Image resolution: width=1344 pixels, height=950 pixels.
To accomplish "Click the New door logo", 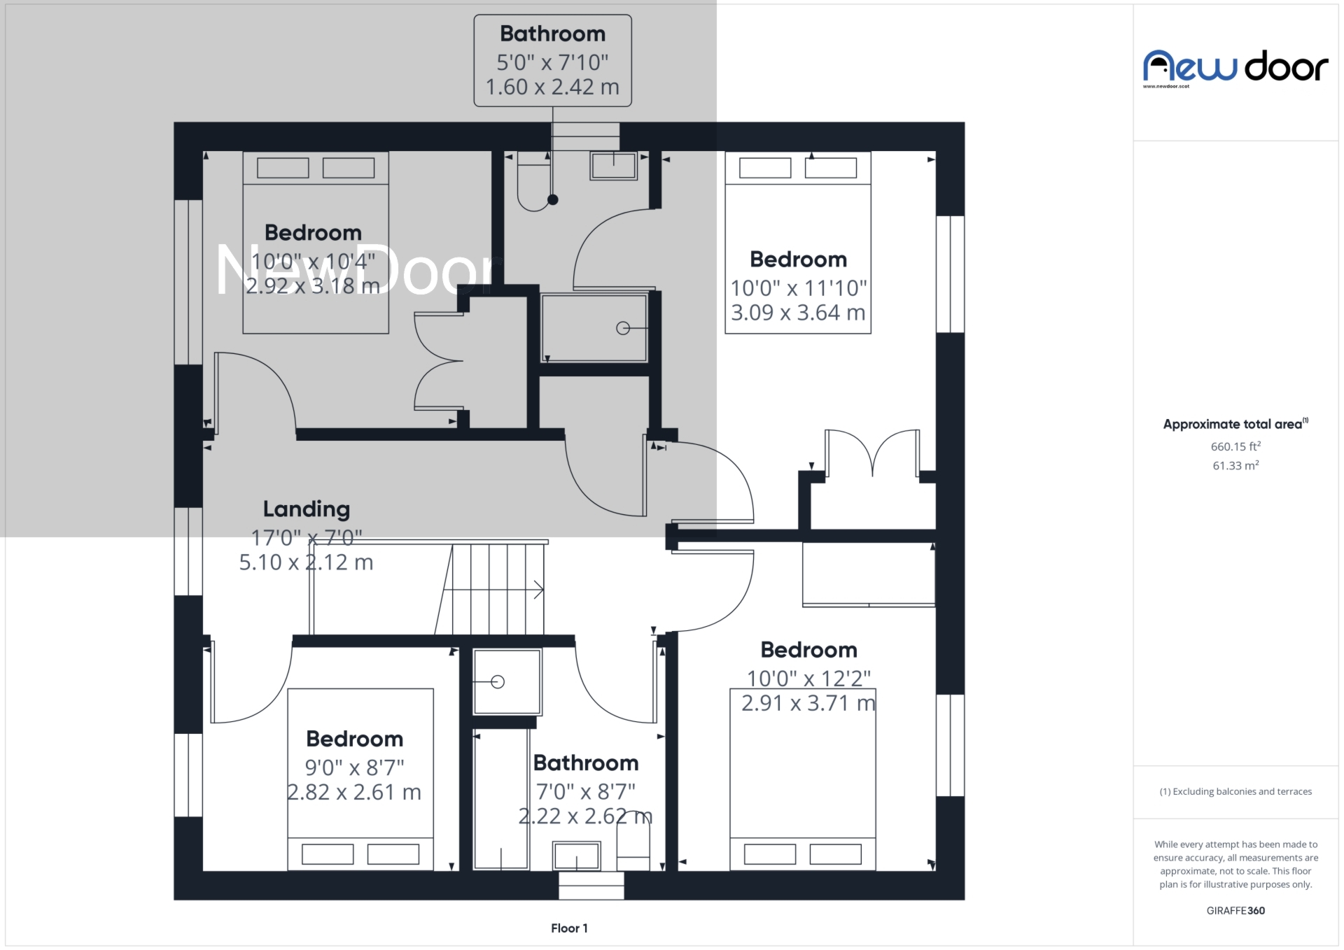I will pyautogui.click(x=1235, y=67).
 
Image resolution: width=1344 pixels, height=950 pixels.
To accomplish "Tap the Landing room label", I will pyautogui.click(x=306, y=509).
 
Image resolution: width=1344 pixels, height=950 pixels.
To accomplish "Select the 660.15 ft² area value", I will pyautogui.click(x=1235, y=446).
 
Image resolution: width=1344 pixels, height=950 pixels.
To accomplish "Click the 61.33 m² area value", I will pyautogui.click(x=1235, y=465).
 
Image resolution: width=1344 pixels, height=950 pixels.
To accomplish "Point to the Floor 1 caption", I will pyautogui.click(x=569, y=928).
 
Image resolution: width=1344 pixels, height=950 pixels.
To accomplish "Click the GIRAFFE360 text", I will pyautogui.click(x=1235, y=910).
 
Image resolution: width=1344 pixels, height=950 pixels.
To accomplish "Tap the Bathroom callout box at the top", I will pyautogui.click(x=552, y=60).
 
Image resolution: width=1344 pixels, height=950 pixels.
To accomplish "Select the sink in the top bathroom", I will pyautogui.click(x=613, y=166).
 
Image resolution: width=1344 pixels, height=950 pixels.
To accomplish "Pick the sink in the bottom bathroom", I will pyautogui.click(x=576, y=856).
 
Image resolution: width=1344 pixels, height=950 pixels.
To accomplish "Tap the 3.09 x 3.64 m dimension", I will pyautogui.click(x=798, y=313).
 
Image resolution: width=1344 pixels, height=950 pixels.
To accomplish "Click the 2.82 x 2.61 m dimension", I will pyautogui.click(x=354, y=792).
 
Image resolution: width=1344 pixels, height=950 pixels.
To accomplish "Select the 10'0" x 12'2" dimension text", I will pyautogui.click(x=808, y=679).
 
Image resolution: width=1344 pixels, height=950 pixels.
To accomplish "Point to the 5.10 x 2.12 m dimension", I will pyautogui.click(x=306, y=562).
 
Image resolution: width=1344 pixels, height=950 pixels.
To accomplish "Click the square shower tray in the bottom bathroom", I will pyautogui.click(x=507, y=681).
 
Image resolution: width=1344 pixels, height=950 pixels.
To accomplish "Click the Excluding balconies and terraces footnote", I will pyautogui.click(x=1235, y=791).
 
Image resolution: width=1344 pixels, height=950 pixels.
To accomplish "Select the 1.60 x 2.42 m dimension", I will pyautogui.click(x=552, y=87).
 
